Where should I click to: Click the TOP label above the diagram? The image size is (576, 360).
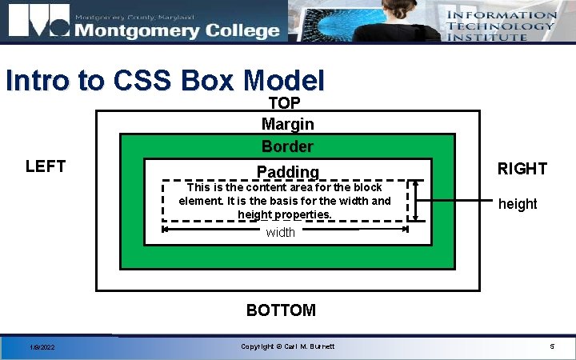click(x=285, y=103)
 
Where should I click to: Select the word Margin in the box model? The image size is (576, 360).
click(x=287, y=124)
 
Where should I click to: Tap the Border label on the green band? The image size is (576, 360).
click(x=287, y=147)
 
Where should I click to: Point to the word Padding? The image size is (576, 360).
click(x=287, y=171)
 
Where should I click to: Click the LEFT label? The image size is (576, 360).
click(x=46, y=166)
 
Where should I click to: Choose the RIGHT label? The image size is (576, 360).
click(x=522, y=169)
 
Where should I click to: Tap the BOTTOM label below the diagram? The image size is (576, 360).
click(x=281, y=310)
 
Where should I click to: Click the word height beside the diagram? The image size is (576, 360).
click(x=518, y=204)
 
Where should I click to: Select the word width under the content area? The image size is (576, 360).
click(x=280, y=232)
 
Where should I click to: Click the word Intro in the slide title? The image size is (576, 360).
click(x=35, y=81)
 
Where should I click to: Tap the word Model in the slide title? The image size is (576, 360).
click(x=284, y=81)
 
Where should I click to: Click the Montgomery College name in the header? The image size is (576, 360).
click(x=177, y=30)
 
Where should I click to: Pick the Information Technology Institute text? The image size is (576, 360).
click(x=501, y=26)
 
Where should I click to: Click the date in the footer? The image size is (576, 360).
click(x=42, y=346)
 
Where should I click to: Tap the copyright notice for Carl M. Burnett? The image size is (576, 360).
click(x=287, y=346)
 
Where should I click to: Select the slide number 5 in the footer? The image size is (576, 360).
click(x=551, y=346)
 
